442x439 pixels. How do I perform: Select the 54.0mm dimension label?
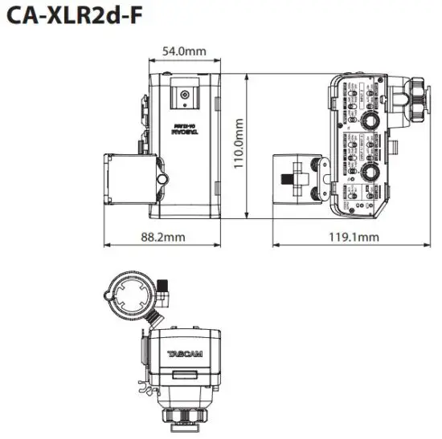184,51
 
